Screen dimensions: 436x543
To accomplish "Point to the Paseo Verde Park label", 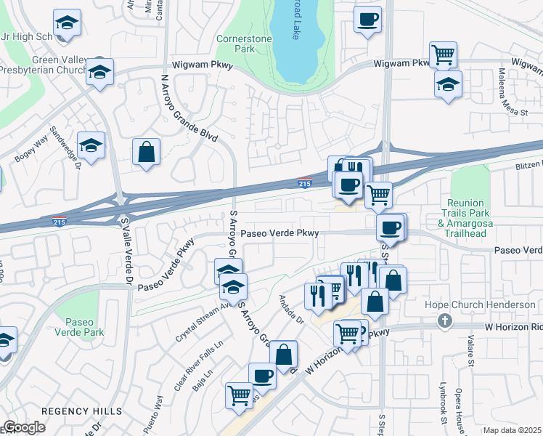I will tap(84, 327).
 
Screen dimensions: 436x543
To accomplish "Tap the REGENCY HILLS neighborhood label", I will tap(81, 411).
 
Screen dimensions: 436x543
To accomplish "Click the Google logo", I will tap(24, 427).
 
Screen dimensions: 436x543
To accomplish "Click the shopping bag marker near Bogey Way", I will tap(147, 152).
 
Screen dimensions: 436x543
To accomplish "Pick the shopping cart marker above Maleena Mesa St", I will tap(443, 54).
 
